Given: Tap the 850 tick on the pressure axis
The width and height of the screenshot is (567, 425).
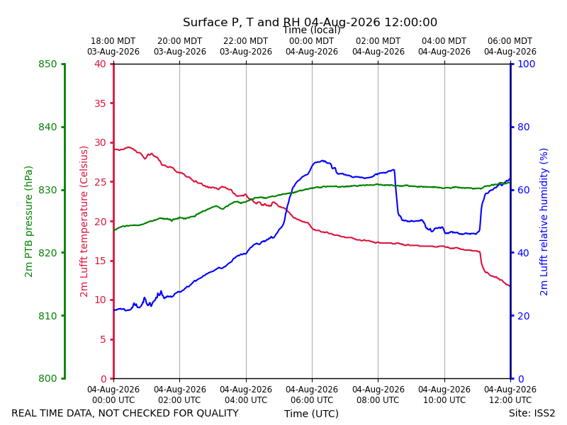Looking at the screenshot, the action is coord(47,64).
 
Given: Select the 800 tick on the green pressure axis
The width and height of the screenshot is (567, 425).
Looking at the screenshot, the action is coord(47,378).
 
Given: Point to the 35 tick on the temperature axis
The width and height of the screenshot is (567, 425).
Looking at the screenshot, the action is coord(100,103).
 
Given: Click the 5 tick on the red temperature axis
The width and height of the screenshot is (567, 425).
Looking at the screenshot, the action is coord(103,339).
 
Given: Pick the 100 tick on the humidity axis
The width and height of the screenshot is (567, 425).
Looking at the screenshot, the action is coord(527,64).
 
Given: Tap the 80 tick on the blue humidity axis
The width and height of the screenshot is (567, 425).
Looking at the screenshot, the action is coord(524,127).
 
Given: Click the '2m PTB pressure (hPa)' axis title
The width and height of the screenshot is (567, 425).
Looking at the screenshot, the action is coord(28,222).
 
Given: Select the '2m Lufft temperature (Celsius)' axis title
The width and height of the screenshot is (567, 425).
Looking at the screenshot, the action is coord(84,222).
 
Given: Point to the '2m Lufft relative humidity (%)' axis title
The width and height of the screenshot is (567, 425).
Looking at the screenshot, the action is coord(544,222).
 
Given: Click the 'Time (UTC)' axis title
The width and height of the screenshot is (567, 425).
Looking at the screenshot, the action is coord(311,414).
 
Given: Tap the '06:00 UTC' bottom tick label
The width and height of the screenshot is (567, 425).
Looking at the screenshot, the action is coord(312,400).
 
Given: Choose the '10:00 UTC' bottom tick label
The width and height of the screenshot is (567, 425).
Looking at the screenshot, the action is coord(444,400).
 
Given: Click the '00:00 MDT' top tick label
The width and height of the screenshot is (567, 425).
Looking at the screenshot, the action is coord(312,41).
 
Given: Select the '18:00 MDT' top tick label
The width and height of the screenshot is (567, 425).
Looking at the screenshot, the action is coord(113,41).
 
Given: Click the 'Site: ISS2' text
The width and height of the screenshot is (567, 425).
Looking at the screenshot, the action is coord(532,413).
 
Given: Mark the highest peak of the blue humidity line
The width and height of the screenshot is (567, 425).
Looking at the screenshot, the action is coord(322,161).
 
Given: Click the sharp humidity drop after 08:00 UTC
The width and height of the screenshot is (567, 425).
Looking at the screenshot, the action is coord(396,193).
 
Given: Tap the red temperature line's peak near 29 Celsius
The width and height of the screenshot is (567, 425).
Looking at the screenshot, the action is coord(129,147).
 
